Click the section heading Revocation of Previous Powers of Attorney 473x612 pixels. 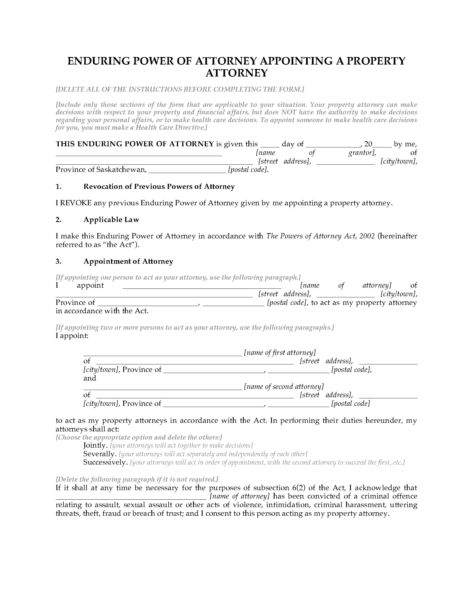[159, 187]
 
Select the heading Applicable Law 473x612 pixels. [111, 220]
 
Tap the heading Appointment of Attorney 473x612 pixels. [128, 261]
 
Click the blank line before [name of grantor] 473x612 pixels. [139, 154]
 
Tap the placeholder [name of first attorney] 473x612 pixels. [280, 352]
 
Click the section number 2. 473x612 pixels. [58, 220]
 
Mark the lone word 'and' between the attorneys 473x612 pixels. [90, 378]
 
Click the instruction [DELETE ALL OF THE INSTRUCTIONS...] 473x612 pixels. [180, 89]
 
